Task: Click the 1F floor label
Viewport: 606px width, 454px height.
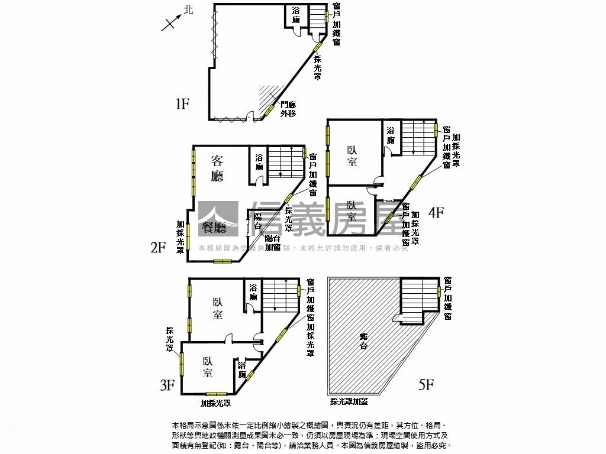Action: pyautogui.click(x=182, y=105)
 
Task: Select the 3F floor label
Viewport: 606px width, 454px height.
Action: pyautogui.click(x=167, y=386)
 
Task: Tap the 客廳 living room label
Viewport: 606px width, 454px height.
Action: pyautogui.click(x=218, y=168)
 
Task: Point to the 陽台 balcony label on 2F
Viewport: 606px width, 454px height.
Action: pyautogui.click(x=258, y=222)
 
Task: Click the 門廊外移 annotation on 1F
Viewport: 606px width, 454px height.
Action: pyautogui.click(x=288, y=109)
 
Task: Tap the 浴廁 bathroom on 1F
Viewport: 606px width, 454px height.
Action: pyautogui.click(x=296, y=15)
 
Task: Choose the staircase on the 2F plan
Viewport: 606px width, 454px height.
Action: pyautogui.click(x=285, y=162)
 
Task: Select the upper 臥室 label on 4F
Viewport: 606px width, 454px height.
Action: pyautogui.click(x=352, y=155)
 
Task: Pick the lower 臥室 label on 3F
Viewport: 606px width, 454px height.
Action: pyautogui.click(x=207, y=367)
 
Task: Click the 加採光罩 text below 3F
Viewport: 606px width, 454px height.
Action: pyautogui.click(x=215, y=403)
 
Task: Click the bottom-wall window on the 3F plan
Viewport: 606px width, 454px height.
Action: pyautogui.click(x=216, y=394)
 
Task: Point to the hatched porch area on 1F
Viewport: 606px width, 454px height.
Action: pyautogui.click(x=267, y=95)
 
